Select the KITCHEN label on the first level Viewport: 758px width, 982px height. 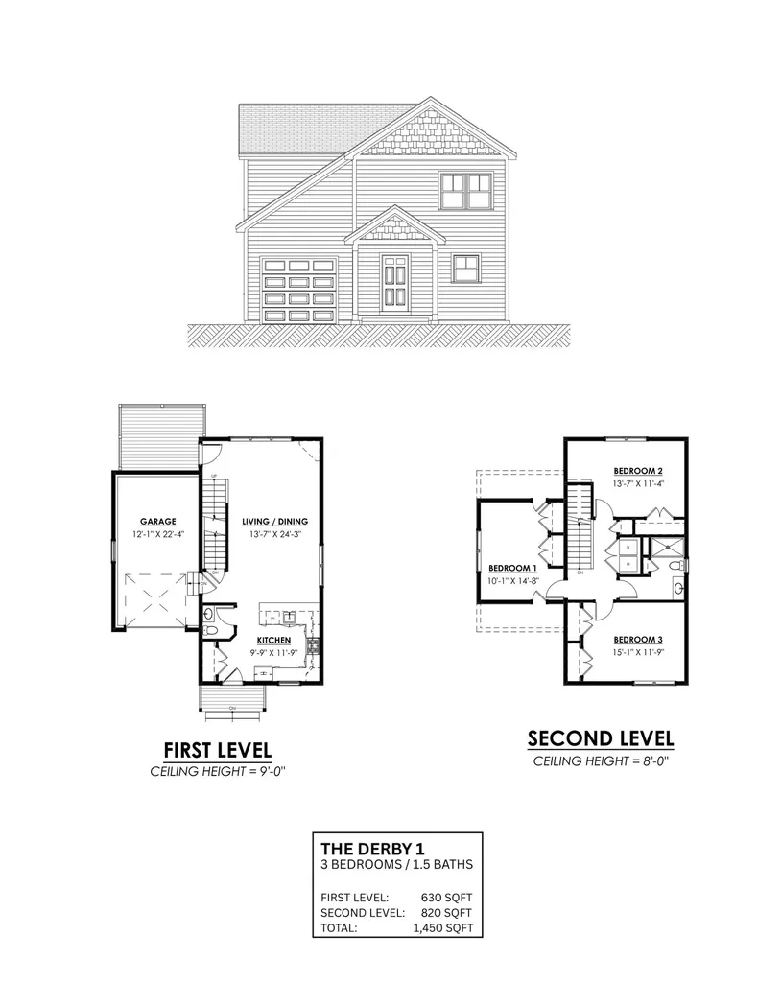(272, 640)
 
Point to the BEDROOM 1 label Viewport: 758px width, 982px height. (510, 566)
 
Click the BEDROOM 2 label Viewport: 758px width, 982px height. (639, 471)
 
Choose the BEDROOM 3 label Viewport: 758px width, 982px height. (638, 640)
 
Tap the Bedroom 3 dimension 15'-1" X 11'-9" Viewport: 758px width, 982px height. (638, 652)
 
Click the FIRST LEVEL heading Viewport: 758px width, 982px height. (217, 748)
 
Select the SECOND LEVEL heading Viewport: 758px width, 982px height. (601, 738)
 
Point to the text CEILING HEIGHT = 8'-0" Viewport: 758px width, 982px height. (601, 761)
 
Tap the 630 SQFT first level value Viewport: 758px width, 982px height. (446, 898)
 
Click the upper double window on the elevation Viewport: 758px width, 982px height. (465, 190)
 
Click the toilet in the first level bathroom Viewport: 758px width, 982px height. (210, 616)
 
